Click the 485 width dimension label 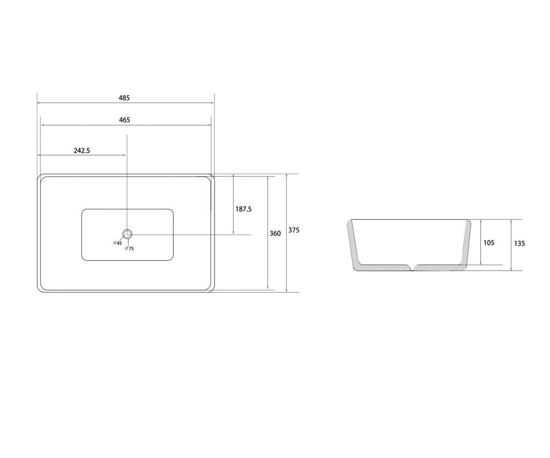pyautogui.click(x=124, y=98)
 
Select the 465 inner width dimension pyautogui.click(x=124, y=120)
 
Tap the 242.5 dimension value pyautogui.click(x=82, y=151)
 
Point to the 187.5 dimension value pyautogui.click(x=244, y=209)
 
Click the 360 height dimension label pyautogui.click(x=276, y=233)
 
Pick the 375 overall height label pyautogui.click(x=294, y=230)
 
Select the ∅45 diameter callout pyautogui.click(x=118, y=242)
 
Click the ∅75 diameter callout pyautogui.click(x=129, y=249)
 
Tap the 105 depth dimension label pyautogui.click(x=488, y=242)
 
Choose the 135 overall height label pyautogui.click(x=520, y=243)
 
